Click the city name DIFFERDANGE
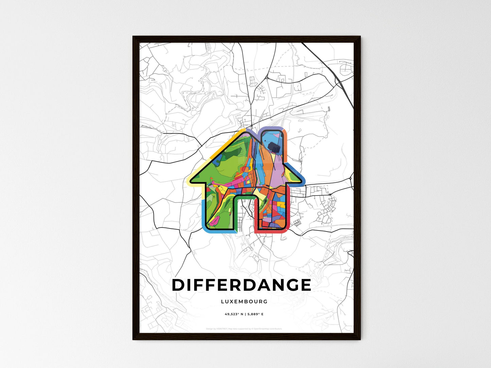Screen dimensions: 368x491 (x=241, y=285)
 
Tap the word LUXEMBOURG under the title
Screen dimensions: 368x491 (x=244, y=301)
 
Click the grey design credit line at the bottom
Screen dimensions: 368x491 (x=244, y=329)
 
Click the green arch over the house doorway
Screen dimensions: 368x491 (x=244, y=197)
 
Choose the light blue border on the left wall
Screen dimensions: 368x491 (x=203, y=214)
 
